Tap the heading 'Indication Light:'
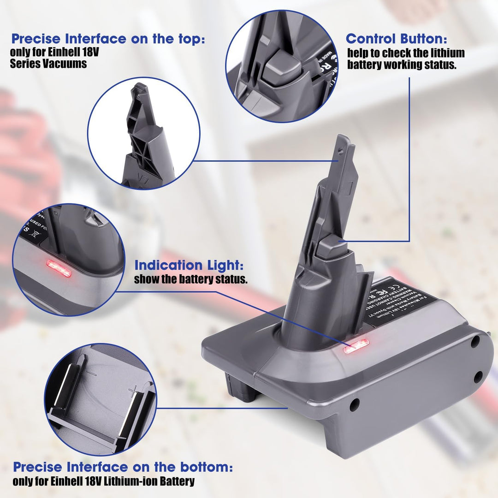coord(189,266)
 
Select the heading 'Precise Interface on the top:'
coord(108,39)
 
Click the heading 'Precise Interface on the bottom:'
coord(123,467)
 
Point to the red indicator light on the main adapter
coord(356,346)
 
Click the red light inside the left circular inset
coord(59,268)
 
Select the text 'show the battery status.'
coord(191,279)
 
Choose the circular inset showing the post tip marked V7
coord(143,133)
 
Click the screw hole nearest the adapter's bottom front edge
coord(354,405)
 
